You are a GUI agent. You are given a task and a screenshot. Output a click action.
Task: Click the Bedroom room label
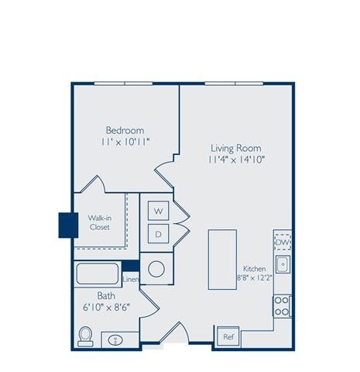(125, 129)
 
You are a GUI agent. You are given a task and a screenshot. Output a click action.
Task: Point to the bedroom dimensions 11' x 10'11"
(125, 143)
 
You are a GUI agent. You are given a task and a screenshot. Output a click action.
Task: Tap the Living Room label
(235, 147)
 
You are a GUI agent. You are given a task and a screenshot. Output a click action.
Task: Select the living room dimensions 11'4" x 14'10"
(235, 160)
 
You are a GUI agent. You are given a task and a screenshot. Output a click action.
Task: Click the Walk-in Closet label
(98, 223)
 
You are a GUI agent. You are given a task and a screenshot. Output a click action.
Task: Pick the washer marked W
(158, 210)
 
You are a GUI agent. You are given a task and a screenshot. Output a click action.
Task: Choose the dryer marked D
(158, 233)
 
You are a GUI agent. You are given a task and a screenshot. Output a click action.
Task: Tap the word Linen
(131, 280)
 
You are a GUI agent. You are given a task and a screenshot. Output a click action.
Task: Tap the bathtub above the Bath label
(97, 275)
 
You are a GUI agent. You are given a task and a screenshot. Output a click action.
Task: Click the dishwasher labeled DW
(283, 243)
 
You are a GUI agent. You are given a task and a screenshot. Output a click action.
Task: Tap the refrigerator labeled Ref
(228, 337)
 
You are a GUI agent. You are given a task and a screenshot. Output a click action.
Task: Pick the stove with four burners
(283, 306)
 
